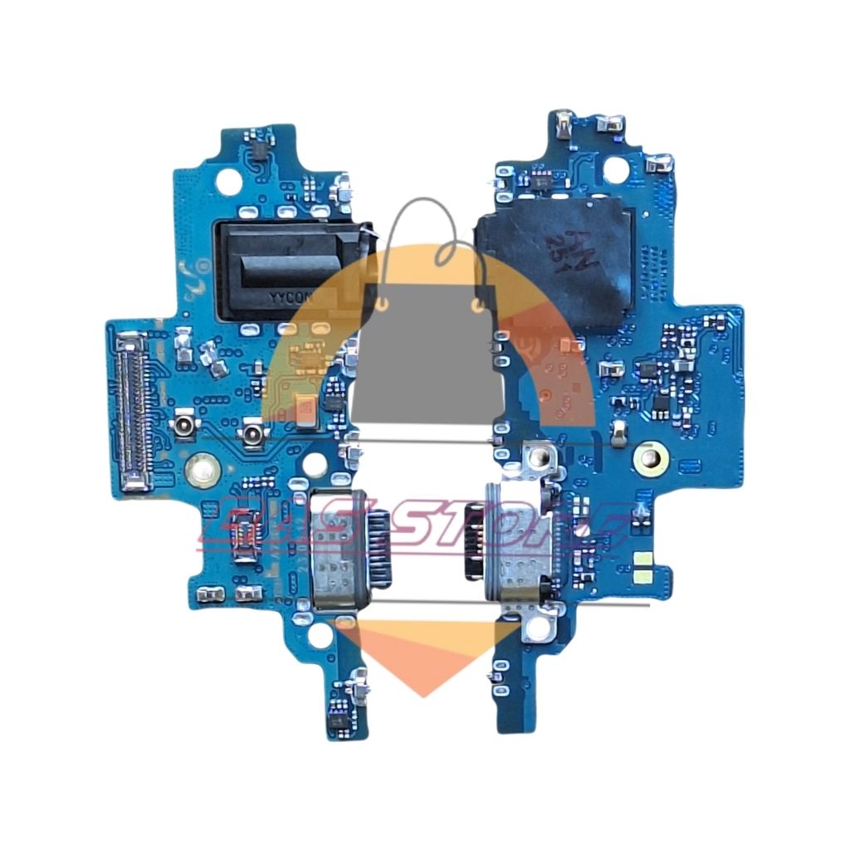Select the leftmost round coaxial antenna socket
180,429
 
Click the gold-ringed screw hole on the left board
200,470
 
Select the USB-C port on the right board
513,546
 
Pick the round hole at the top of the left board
227,178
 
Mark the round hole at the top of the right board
615,170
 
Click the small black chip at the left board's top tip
260,149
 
